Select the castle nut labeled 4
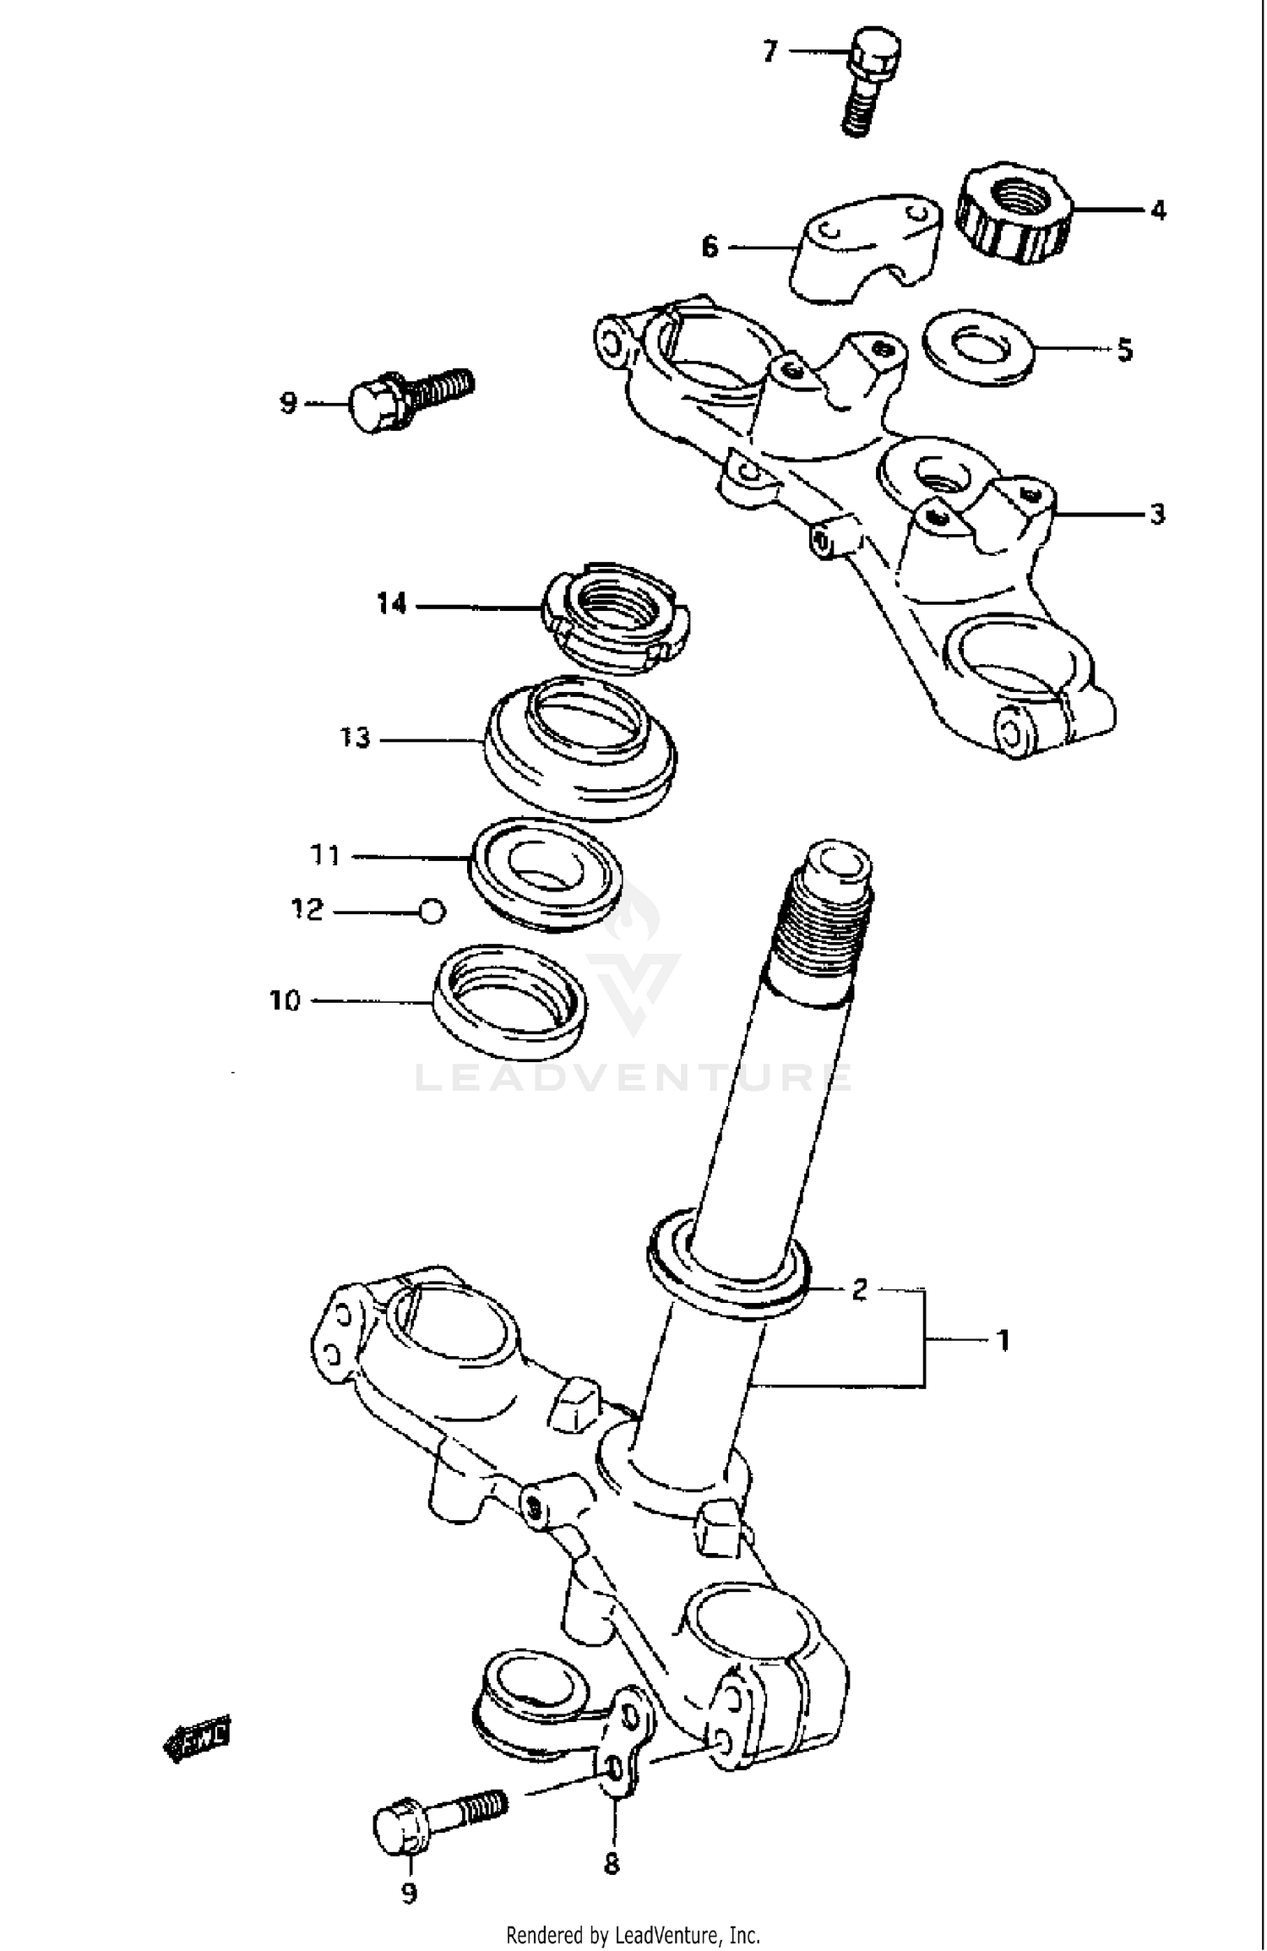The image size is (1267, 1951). pyautogui.click(x=1015, y=210)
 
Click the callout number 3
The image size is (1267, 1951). pyautogui.click(x=1157, y=514)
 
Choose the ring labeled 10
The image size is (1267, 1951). pyautogui.click(x=510, y=1001)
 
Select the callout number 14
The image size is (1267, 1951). pyautogui.click(x=391, y=604)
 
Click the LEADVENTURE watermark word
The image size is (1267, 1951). pyautogui.click(x=633, y=1077)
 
